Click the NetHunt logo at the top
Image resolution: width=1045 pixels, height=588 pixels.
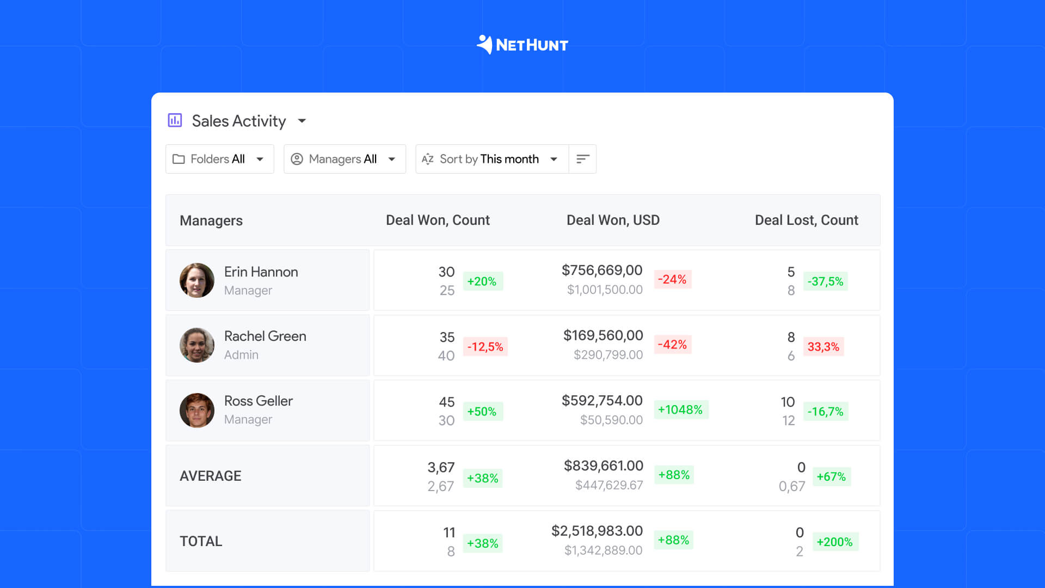point(522,45)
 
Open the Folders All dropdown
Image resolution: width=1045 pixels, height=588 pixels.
point(219,159)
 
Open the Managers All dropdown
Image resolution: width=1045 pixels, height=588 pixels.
point(345,159)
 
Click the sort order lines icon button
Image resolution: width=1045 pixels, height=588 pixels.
point(582,159)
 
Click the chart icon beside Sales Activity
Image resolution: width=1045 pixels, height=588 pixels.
point(175,120)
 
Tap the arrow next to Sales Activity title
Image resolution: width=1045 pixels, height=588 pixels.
point(302,121)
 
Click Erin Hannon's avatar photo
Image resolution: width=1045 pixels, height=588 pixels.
point(197,280)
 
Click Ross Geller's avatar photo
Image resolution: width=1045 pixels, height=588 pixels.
point(197,411)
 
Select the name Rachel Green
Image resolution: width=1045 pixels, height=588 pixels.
point(265,336)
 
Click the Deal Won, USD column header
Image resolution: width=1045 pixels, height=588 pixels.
point(613,220)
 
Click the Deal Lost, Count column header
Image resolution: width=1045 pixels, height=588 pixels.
point(806,220)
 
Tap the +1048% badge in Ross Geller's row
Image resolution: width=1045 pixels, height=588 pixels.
point(680,409)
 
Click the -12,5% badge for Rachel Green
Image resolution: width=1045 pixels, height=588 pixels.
point(485,347)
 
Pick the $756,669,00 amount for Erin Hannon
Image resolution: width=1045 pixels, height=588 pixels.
point(602,270)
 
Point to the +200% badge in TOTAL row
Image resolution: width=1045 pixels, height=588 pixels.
point(834,542)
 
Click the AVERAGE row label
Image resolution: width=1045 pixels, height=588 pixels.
point(211,476)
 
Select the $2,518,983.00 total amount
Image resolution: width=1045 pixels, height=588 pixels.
point(597,531)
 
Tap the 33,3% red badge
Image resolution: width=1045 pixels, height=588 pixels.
point(823,347)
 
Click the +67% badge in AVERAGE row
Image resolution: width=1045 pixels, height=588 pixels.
point(831,476)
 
